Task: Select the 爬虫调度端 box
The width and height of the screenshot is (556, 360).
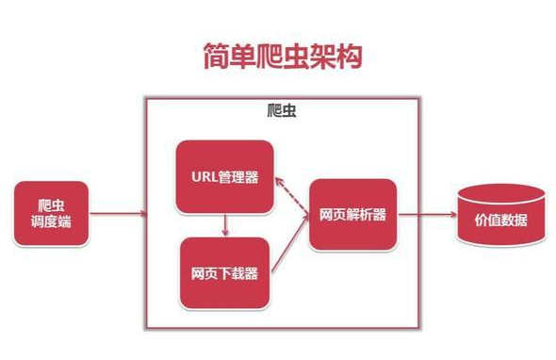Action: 51,215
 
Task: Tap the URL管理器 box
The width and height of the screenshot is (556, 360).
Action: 225,176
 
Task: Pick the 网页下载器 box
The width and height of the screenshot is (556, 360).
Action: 225,272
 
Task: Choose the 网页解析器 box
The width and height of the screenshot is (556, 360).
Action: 352,215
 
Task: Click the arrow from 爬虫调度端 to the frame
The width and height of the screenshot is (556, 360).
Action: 117,215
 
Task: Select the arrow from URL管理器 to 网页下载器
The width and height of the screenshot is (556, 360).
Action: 225,224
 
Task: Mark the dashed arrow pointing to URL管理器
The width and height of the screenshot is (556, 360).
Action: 290,194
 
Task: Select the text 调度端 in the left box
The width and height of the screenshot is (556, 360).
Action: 51,223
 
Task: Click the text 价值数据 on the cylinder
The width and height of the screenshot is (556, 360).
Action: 500,222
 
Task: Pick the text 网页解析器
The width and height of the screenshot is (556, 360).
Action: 352,215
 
